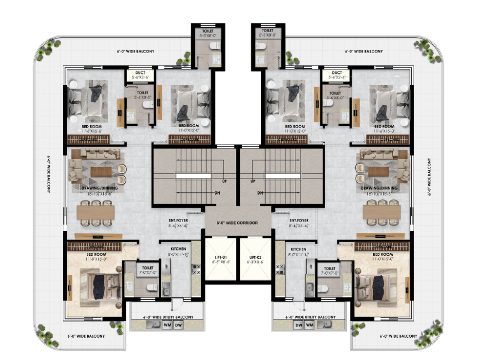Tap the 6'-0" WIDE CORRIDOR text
237,223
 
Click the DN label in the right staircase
260,193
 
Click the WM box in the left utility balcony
167,325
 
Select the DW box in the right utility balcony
298,325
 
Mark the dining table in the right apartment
382,211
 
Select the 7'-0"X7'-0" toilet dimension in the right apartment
329,274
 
